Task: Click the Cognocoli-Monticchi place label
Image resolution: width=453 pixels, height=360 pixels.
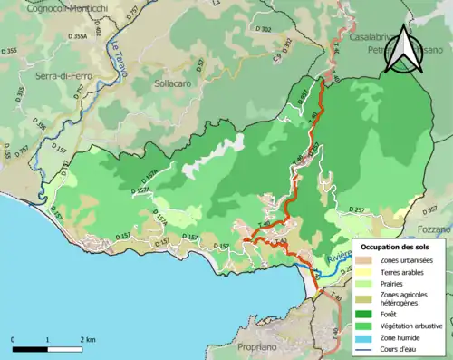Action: click(x=55, y=7)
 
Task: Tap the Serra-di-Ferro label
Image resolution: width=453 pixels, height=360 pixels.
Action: click(x=37, y=80)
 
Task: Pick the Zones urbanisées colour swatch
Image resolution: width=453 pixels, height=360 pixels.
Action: click(x=364, y=259)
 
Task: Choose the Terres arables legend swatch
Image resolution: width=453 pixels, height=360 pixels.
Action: click(x=364, y=272)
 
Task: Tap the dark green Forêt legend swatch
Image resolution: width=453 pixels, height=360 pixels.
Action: click(x=364, y=316)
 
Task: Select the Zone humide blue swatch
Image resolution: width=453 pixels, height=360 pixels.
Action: click(x=364, y=339)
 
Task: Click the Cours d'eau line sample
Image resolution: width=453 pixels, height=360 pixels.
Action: click(x=364, y=351)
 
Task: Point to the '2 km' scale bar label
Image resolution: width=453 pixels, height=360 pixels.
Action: click(x=86, y=338)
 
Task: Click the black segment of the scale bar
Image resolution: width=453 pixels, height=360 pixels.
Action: click(x=31, y=347)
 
